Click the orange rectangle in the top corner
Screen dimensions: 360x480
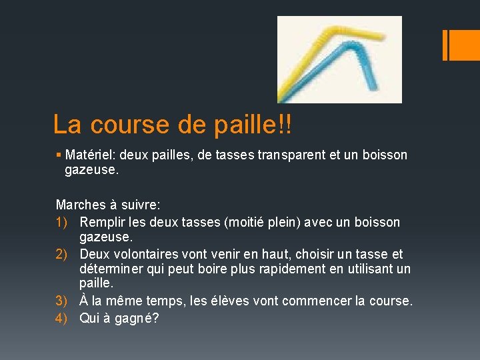461,45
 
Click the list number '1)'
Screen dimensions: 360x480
63,222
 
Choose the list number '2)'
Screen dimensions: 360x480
63,254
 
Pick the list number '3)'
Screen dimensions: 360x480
63,301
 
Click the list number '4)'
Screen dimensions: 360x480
63,318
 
